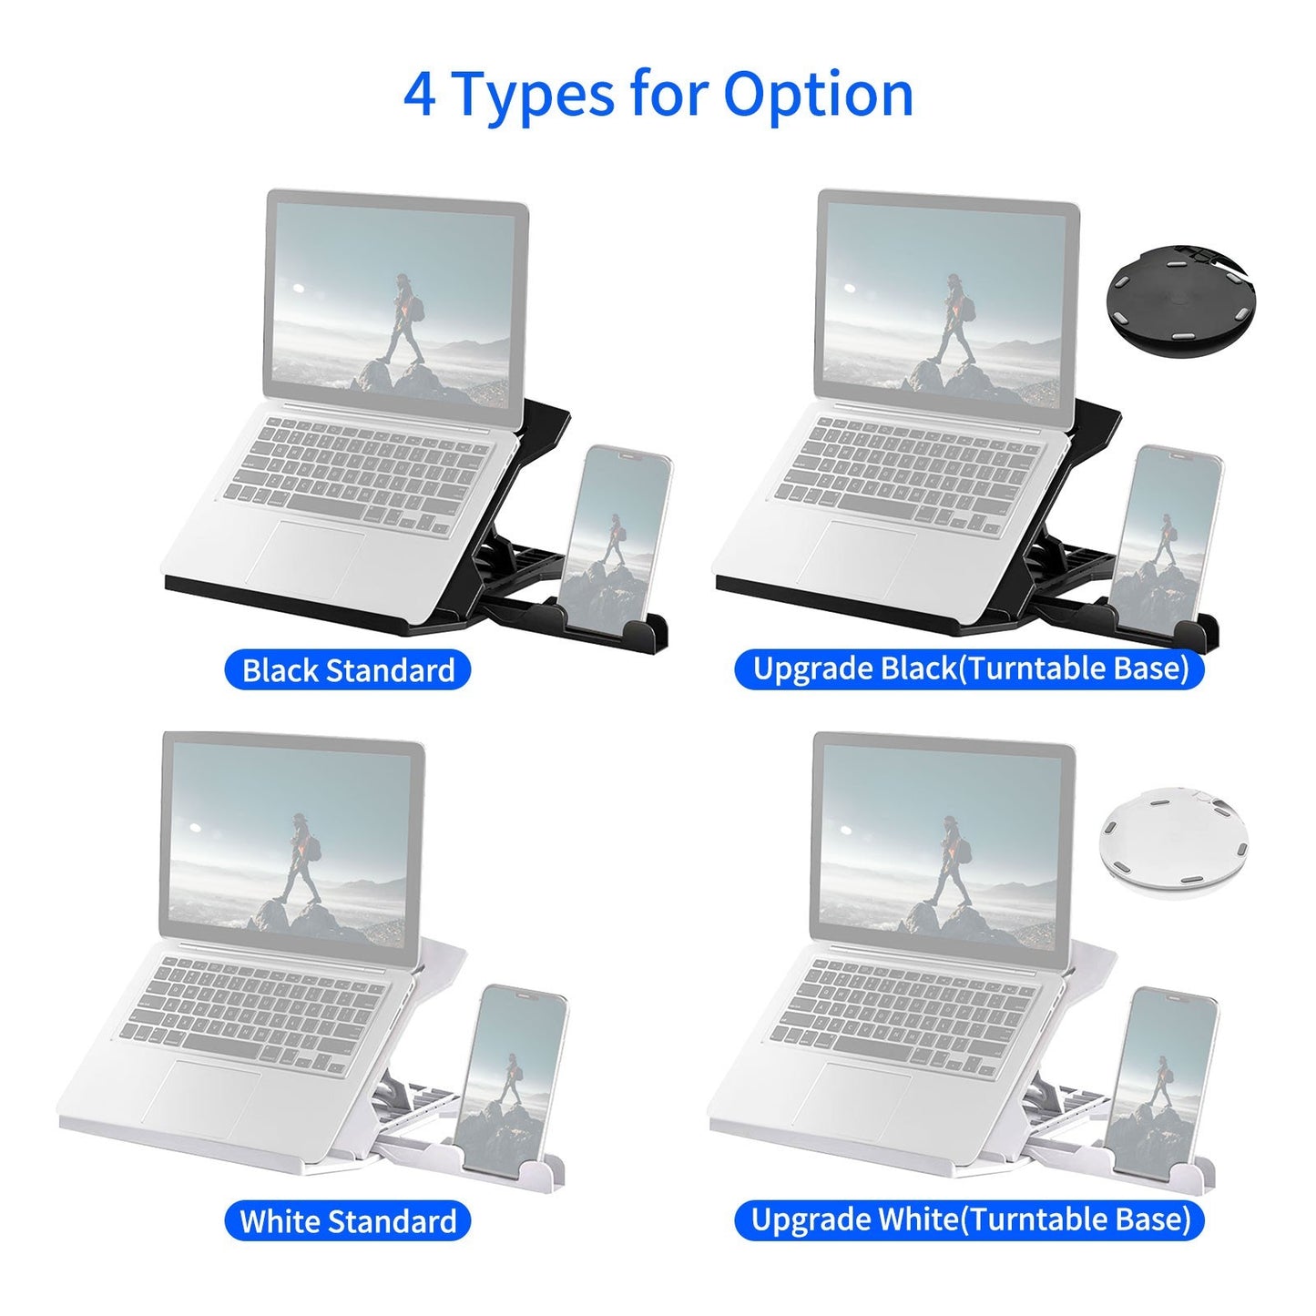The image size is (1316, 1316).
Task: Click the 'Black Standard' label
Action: click(347, 670)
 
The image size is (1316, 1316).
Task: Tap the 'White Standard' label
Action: click(347, 1220)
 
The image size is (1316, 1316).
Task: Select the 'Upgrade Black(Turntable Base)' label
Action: click(970, 668)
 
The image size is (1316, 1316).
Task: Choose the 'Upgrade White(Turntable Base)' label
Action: click(970, 1219)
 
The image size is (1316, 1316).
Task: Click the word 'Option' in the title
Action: click(818, 94)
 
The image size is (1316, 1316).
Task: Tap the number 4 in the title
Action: click(419, 94)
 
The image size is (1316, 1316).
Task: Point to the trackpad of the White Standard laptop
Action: click(202, 1097)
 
